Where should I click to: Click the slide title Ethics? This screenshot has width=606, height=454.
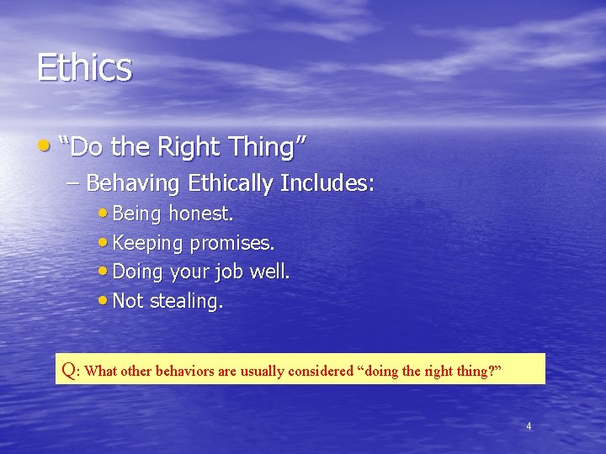click(x=84, y=68)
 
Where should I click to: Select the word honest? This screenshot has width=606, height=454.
click(x=200, y=214)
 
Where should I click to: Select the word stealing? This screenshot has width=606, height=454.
click(x=186, y=301)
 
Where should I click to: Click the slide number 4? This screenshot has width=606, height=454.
click(x=529, y=426)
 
